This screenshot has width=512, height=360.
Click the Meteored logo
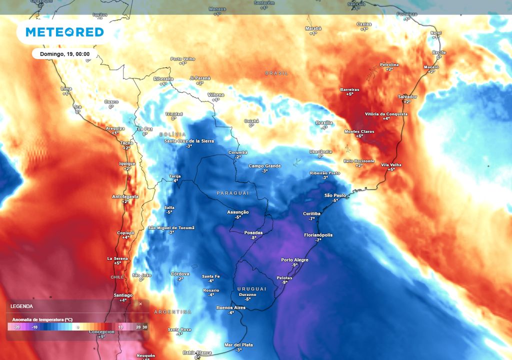point(64,32)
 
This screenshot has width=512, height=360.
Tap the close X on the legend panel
point(140,303)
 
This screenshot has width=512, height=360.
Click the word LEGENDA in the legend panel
point(22,306)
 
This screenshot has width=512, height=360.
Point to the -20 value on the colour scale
point(17,327)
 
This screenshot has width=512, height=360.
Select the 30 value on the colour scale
point(145,327)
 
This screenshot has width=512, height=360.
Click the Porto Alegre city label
point(294,260)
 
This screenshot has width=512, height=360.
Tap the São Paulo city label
point(335,195)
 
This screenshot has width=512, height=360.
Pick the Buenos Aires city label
point(231,307)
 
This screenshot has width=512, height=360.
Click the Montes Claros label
point(359,131)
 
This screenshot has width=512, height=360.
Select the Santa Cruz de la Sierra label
point(189,141)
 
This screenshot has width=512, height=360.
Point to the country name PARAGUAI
point(232,193)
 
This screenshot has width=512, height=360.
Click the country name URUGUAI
point(251,289)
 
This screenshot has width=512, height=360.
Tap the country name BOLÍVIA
point(172,134)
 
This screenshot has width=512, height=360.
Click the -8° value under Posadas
point(253,238)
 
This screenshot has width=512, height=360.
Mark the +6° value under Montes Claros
point(359,136)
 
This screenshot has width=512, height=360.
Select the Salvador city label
point(407,96)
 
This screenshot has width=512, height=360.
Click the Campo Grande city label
point(264,166)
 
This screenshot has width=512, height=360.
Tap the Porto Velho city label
point(182,59)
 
